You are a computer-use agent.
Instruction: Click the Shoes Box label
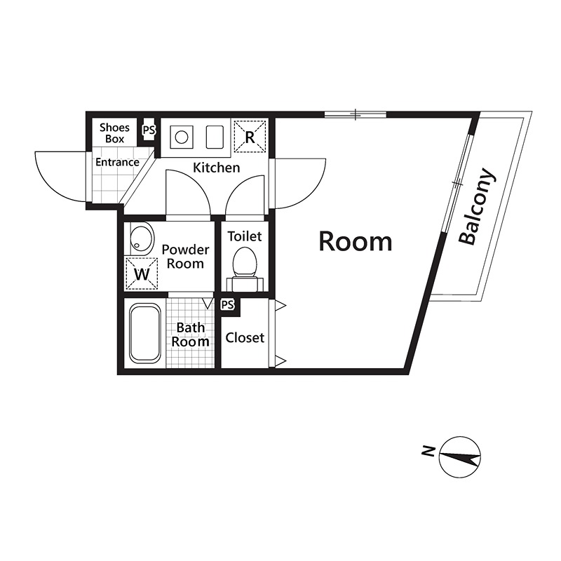point(114,133)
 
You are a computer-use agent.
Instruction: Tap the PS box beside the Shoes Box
point(149,130)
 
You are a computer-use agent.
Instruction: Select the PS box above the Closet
point(227,305)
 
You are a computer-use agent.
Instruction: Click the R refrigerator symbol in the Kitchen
point(250,136)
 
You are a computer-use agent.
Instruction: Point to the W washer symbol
point(142,273)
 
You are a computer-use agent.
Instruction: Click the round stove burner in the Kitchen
point(182,137)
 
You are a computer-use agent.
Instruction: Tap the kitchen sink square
point(215,137)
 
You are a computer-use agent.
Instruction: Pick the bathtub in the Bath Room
point(145,332)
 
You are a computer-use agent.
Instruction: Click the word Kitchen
point(217,168)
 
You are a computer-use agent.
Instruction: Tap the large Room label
point(356,241)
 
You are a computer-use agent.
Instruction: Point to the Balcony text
point(478,206)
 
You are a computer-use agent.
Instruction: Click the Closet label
point(245,337)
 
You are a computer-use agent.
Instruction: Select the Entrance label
point(117,162)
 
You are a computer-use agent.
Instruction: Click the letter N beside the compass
point(428,452)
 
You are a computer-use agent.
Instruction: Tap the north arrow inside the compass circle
point(460,457)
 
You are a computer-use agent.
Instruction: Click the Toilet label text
point(245,236)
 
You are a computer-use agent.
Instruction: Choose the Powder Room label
point(185,257)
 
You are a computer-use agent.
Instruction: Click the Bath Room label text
point(190,334)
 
